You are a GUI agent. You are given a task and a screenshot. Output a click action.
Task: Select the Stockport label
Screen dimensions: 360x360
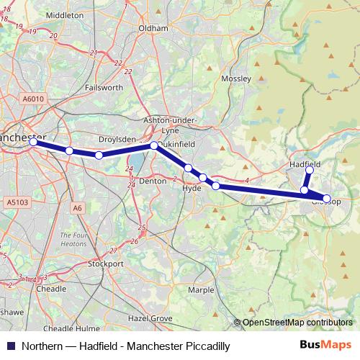coord(106,264)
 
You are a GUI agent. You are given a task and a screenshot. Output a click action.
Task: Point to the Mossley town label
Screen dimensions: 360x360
coord(236,78)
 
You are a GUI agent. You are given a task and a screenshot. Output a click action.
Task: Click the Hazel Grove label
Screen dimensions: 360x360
coord(146,318)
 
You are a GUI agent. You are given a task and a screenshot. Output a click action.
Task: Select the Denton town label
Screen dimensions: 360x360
coord(152,182)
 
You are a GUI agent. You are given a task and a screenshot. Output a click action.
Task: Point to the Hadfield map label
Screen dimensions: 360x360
coord(304,164)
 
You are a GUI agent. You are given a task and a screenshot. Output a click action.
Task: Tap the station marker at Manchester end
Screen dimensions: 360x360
coord(34,142)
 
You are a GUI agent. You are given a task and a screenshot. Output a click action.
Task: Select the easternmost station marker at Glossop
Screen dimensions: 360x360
coord(327,198)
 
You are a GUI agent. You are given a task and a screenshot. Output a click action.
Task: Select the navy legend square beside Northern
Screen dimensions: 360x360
coord(10,346)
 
